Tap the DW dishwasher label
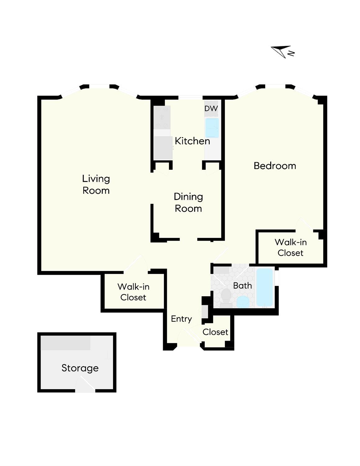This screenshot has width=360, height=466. pyautogui.click(x=211, y=108)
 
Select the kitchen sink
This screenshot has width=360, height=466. pyautogui.click(x=212, y=128)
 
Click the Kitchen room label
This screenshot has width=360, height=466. pyautogui.click(x=192, y=141)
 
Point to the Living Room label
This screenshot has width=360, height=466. pyautogui.click(x=96, y=184)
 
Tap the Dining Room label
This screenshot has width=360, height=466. pyautogui.click(x=188, y=202)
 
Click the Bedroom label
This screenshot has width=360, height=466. pyautogui.click(x=275, y=166)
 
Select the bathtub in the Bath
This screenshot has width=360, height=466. pyautogui.click(x=264, y=287)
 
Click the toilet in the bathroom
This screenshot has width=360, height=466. pyautogui.click(x=226, y=297)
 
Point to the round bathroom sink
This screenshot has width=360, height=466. pyautogui.click(x=243, y=302)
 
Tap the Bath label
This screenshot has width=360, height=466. pyautogui.click(x=242, y=285)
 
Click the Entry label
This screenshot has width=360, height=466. pyautogui.click(x=181, y=319)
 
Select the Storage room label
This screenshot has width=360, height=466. pyautogui.click(x=80, y=368)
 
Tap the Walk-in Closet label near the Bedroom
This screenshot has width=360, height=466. pyautogui.click(x=290, y=247)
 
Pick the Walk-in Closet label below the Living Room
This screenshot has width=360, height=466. pyautogui.click(x=133, y=292)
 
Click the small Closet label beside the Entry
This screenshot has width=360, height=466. pyautogui.click(x=215, y=332)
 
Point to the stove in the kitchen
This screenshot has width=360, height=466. pyautogui.click(x=162, y=118)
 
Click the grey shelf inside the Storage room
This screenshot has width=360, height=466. pyautogui.click(x=66, y=343)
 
